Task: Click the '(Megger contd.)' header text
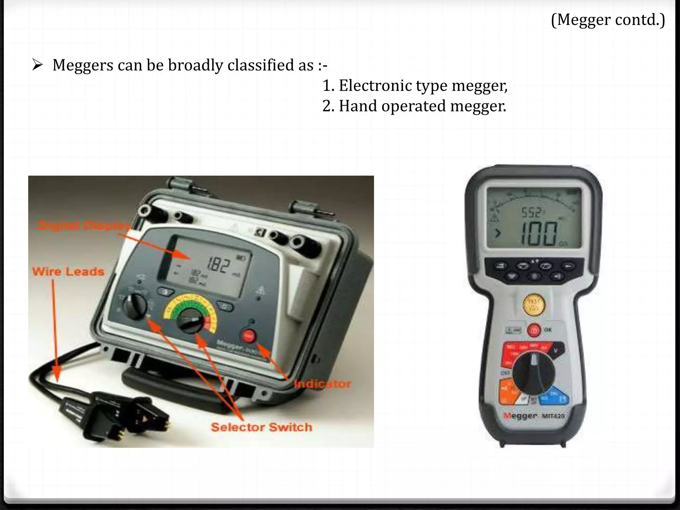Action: click(608, 20)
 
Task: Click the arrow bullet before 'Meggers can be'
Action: click(38, 64)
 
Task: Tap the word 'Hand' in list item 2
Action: click(358, 106)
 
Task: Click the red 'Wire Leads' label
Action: click(68, 272)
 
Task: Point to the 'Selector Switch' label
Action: click(261, 427)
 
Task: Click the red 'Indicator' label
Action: click(322, 384)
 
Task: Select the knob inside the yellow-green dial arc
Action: click(190, 320)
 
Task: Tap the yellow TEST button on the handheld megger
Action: click(534, 305)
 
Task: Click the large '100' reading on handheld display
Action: click(539, 234)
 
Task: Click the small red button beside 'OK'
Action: click(534, 330)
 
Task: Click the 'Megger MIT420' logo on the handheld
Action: click(534, 416)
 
